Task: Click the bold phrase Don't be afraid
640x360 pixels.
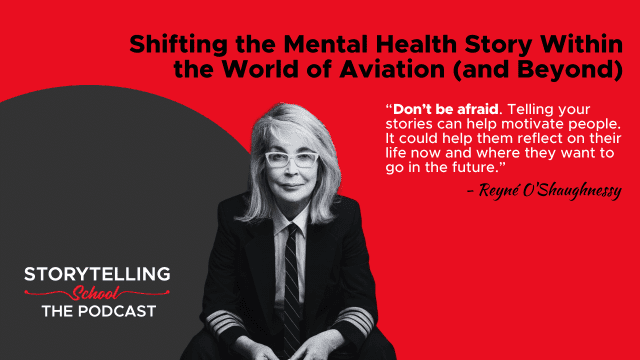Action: click(x=446, y=109)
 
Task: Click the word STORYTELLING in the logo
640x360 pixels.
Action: click(x=97, y=274)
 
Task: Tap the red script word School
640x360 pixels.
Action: click(x=96, y=293)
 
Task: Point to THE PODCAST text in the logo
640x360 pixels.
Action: click(x=99, y=311)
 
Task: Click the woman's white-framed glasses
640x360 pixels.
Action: click(x=291, y=159)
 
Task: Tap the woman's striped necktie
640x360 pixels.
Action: click(x=292, y=286)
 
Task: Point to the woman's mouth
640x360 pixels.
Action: click(x=292, y=186)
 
